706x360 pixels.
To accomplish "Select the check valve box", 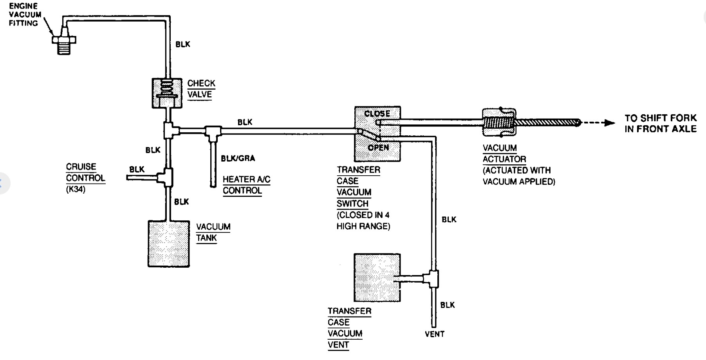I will (x=167, y=93).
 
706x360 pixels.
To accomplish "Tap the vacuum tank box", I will (x=168, y=243).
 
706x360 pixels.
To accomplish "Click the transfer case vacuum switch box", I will (x=377, y=133).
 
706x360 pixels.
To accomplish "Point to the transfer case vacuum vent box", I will (x=377, y=277).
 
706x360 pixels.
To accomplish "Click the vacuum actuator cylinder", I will (x=498, y=122).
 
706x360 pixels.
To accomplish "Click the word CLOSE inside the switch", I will (x=377, y=113).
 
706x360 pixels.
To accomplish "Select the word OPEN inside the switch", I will (x=378, y=148).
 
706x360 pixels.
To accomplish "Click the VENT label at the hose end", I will (x=435, y=334).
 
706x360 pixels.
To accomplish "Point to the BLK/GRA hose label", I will (x=238, y=158).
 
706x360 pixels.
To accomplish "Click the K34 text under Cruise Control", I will (x=76, y=189).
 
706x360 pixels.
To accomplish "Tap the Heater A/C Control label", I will (x=246, y=185).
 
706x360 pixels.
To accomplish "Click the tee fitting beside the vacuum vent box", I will (x=433, y=279).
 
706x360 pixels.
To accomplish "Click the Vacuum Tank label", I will (x=213, y=232).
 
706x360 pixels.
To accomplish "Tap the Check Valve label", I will (x=201, y=89).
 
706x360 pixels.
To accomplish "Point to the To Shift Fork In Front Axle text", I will (x=661, y=123).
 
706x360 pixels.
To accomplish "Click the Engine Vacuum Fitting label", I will (x=25, y=14).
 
